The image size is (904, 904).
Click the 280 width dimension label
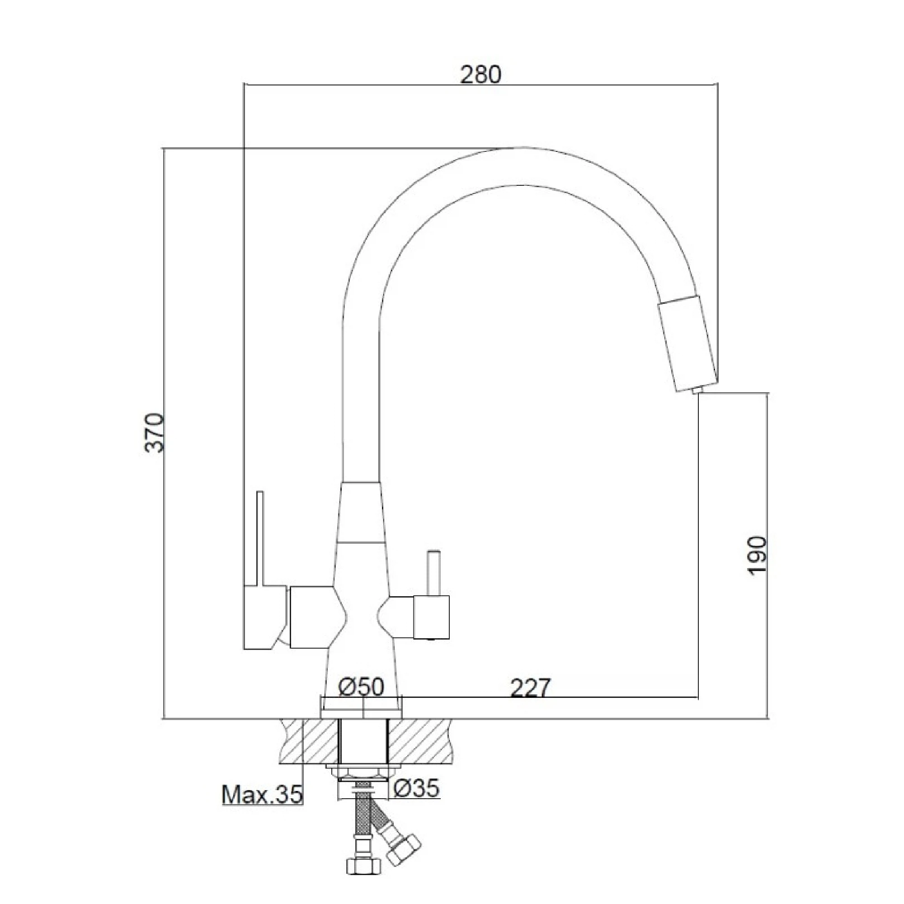click(x=480, y=75)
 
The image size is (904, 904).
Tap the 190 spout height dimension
click(x=758, y=556)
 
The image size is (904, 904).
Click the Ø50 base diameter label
click(x=361, y=687)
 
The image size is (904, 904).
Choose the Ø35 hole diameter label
click(x=416, y=788)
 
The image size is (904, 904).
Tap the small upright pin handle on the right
click(x=433, y=573)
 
